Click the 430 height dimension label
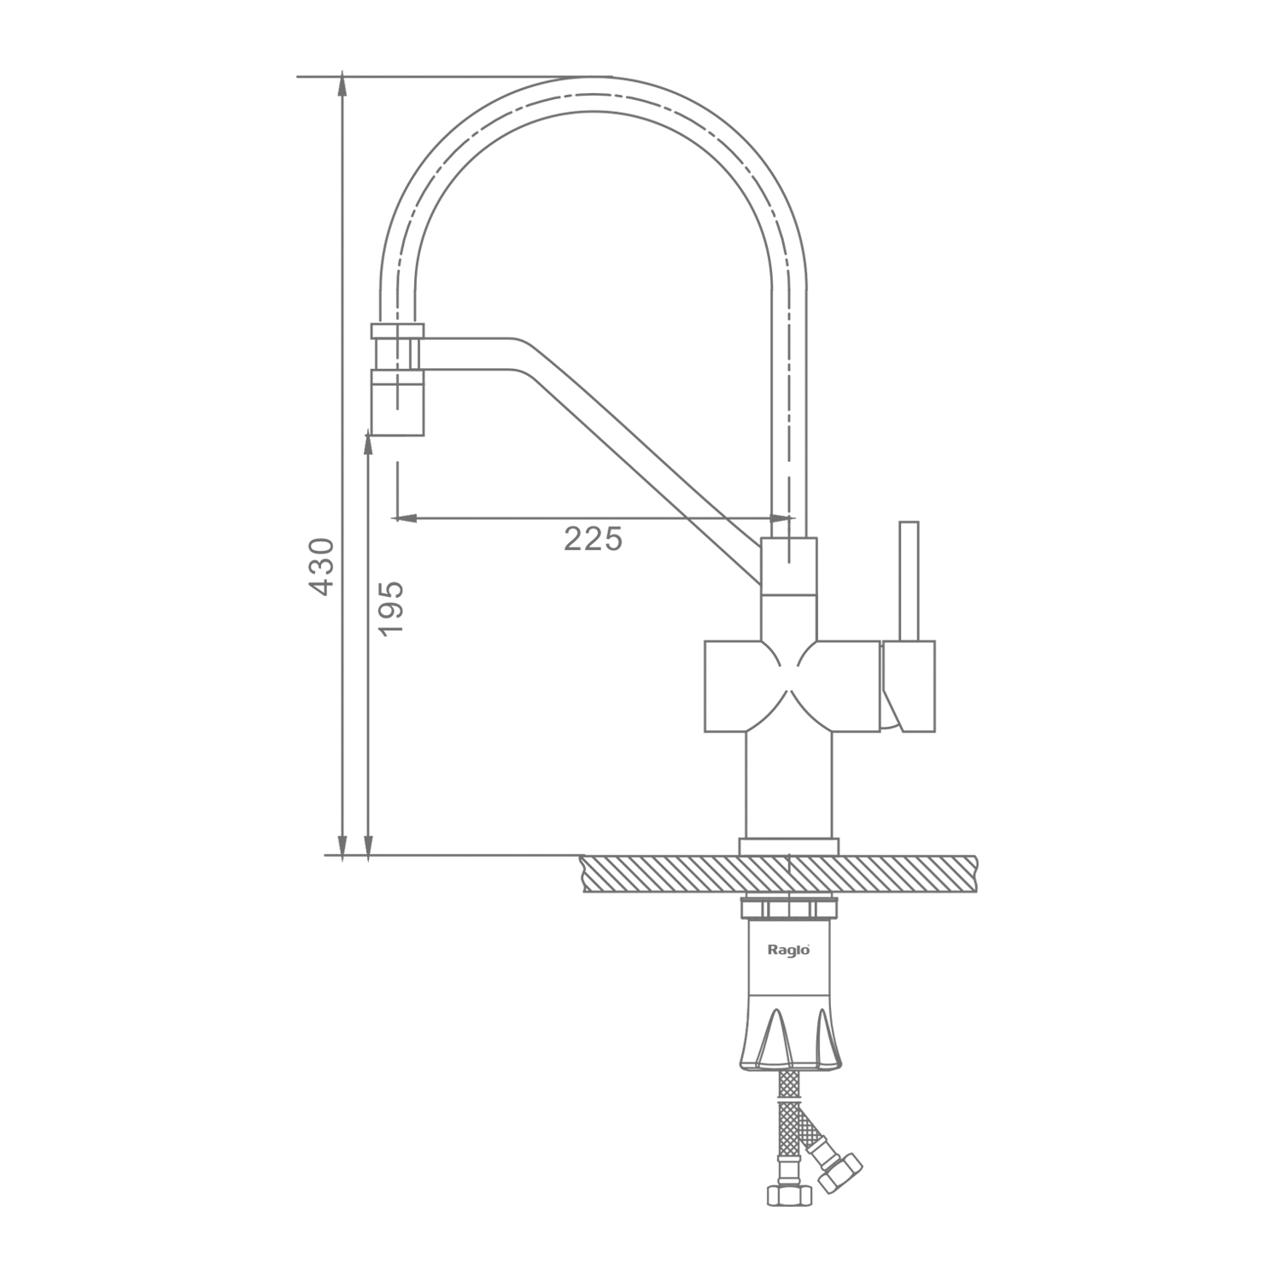click(321, 567)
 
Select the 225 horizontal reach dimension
click(593, 539)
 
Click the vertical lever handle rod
click(909, 581)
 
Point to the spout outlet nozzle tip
click(397, 402)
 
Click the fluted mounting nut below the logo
click(791, 1033)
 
